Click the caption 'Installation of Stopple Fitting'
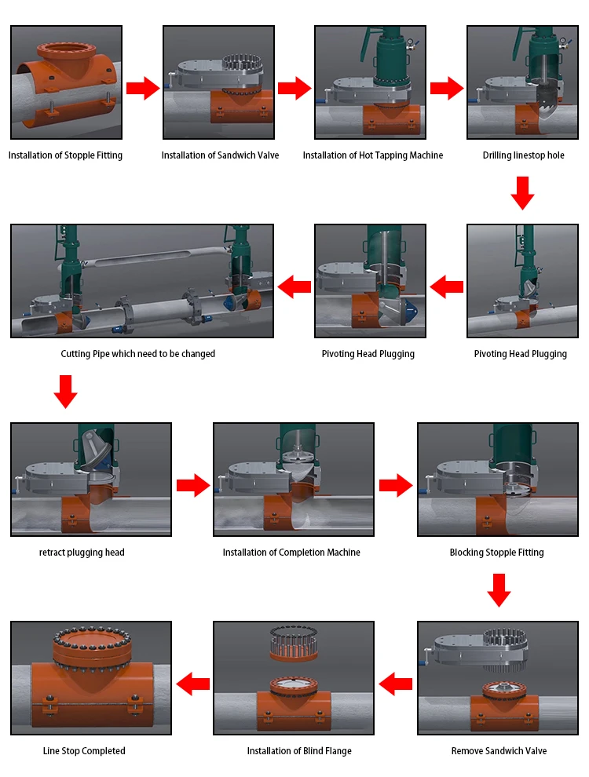65,155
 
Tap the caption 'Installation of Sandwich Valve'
220,155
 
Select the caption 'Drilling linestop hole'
524,155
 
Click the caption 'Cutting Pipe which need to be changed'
138,354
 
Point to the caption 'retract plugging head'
82,553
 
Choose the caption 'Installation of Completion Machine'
291,553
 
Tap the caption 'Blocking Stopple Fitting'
497,553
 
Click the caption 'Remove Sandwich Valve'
499,751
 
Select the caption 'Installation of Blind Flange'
299,751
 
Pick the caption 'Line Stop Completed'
84,751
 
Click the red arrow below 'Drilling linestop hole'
522,193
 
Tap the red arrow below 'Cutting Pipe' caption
65,392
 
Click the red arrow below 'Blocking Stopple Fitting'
499,590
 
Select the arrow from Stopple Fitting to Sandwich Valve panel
143,88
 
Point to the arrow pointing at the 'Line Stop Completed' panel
193,684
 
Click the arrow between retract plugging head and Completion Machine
193,485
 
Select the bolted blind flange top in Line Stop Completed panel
92,644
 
